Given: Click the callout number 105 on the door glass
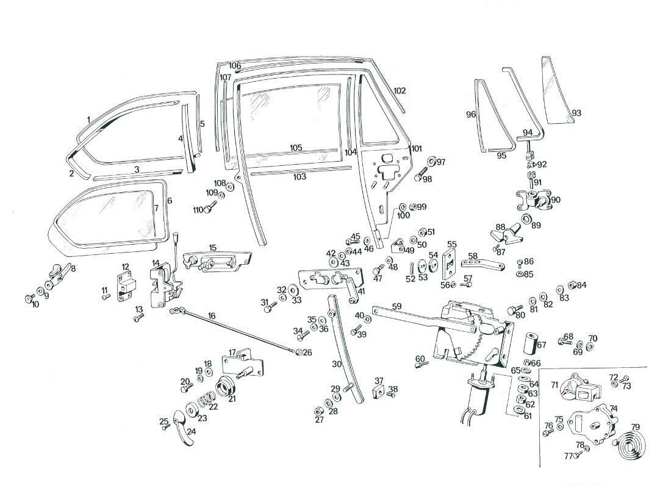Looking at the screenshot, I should [296, 148].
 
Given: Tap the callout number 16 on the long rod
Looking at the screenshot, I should [212, 316].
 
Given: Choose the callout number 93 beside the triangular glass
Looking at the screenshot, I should [576, 113].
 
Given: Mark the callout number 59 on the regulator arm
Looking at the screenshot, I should [396, 307].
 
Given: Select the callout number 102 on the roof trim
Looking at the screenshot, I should [400, 91].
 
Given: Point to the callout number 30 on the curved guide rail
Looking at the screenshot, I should [336, 364].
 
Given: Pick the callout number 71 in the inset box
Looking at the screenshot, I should [554, 385].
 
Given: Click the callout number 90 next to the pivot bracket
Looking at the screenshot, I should [555, 199].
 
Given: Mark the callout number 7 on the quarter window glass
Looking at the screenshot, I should [156, 208].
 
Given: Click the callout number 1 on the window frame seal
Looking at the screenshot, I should [88, 120].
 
